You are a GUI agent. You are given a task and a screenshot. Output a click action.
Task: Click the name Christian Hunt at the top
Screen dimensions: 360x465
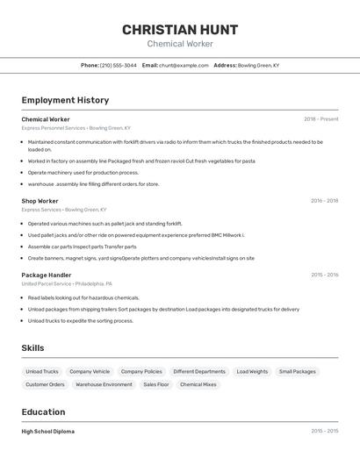click(x=179, y=30)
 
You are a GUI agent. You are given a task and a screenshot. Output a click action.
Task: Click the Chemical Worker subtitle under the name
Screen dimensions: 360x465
click(x=179, y=44)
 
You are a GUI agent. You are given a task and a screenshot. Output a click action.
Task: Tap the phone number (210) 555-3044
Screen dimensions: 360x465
click(x=118, y=65)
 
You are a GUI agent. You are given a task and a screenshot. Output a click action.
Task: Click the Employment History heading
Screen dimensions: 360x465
click(x=65, y=100)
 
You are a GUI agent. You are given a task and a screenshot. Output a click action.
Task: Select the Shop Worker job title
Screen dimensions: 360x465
click(x=40, y=201)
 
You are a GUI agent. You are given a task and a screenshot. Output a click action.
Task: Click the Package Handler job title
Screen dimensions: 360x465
click(x=46, y=275)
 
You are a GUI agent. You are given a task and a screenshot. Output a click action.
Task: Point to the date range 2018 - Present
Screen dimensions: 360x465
click(x=320, y=119)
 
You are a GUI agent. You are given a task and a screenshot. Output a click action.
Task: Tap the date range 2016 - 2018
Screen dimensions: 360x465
click(x=324, y=201)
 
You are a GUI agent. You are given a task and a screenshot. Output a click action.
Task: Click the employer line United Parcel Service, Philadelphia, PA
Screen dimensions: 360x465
click(x=68, y=283)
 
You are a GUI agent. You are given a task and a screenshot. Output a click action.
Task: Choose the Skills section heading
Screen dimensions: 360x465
click(x=32, y=348)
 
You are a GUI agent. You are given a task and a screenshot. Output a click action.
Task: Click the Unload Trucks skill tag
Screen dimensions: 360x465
click(x=42, y=372)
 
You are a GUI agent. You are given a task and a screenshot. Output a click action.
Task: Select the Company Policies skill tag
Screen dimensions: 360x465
click(x=141, y=372)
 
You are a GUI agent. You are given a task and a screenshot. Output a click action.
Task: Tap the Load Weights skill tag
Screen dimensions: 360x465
click(x=252, y=372)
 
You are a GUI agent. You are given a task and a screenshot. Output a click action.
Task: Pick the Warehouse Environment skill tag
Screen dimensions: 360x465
click(x=104, y=384)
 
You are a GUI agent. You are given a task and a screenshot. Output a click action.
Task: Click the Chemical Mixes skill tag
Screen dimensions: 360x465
click(x=198, y=384)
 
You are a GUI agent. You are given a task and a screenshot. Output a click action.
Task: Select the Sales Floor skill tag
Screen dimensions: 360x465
click(x=156, y=384)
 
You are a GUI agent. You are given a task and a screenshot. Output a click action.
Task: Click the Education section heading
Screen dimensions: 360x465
click(x=43, y=412)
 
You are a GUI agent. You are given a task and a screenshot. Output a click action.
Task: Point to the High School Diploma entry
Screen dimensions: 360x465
click(x=47, y=432)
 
